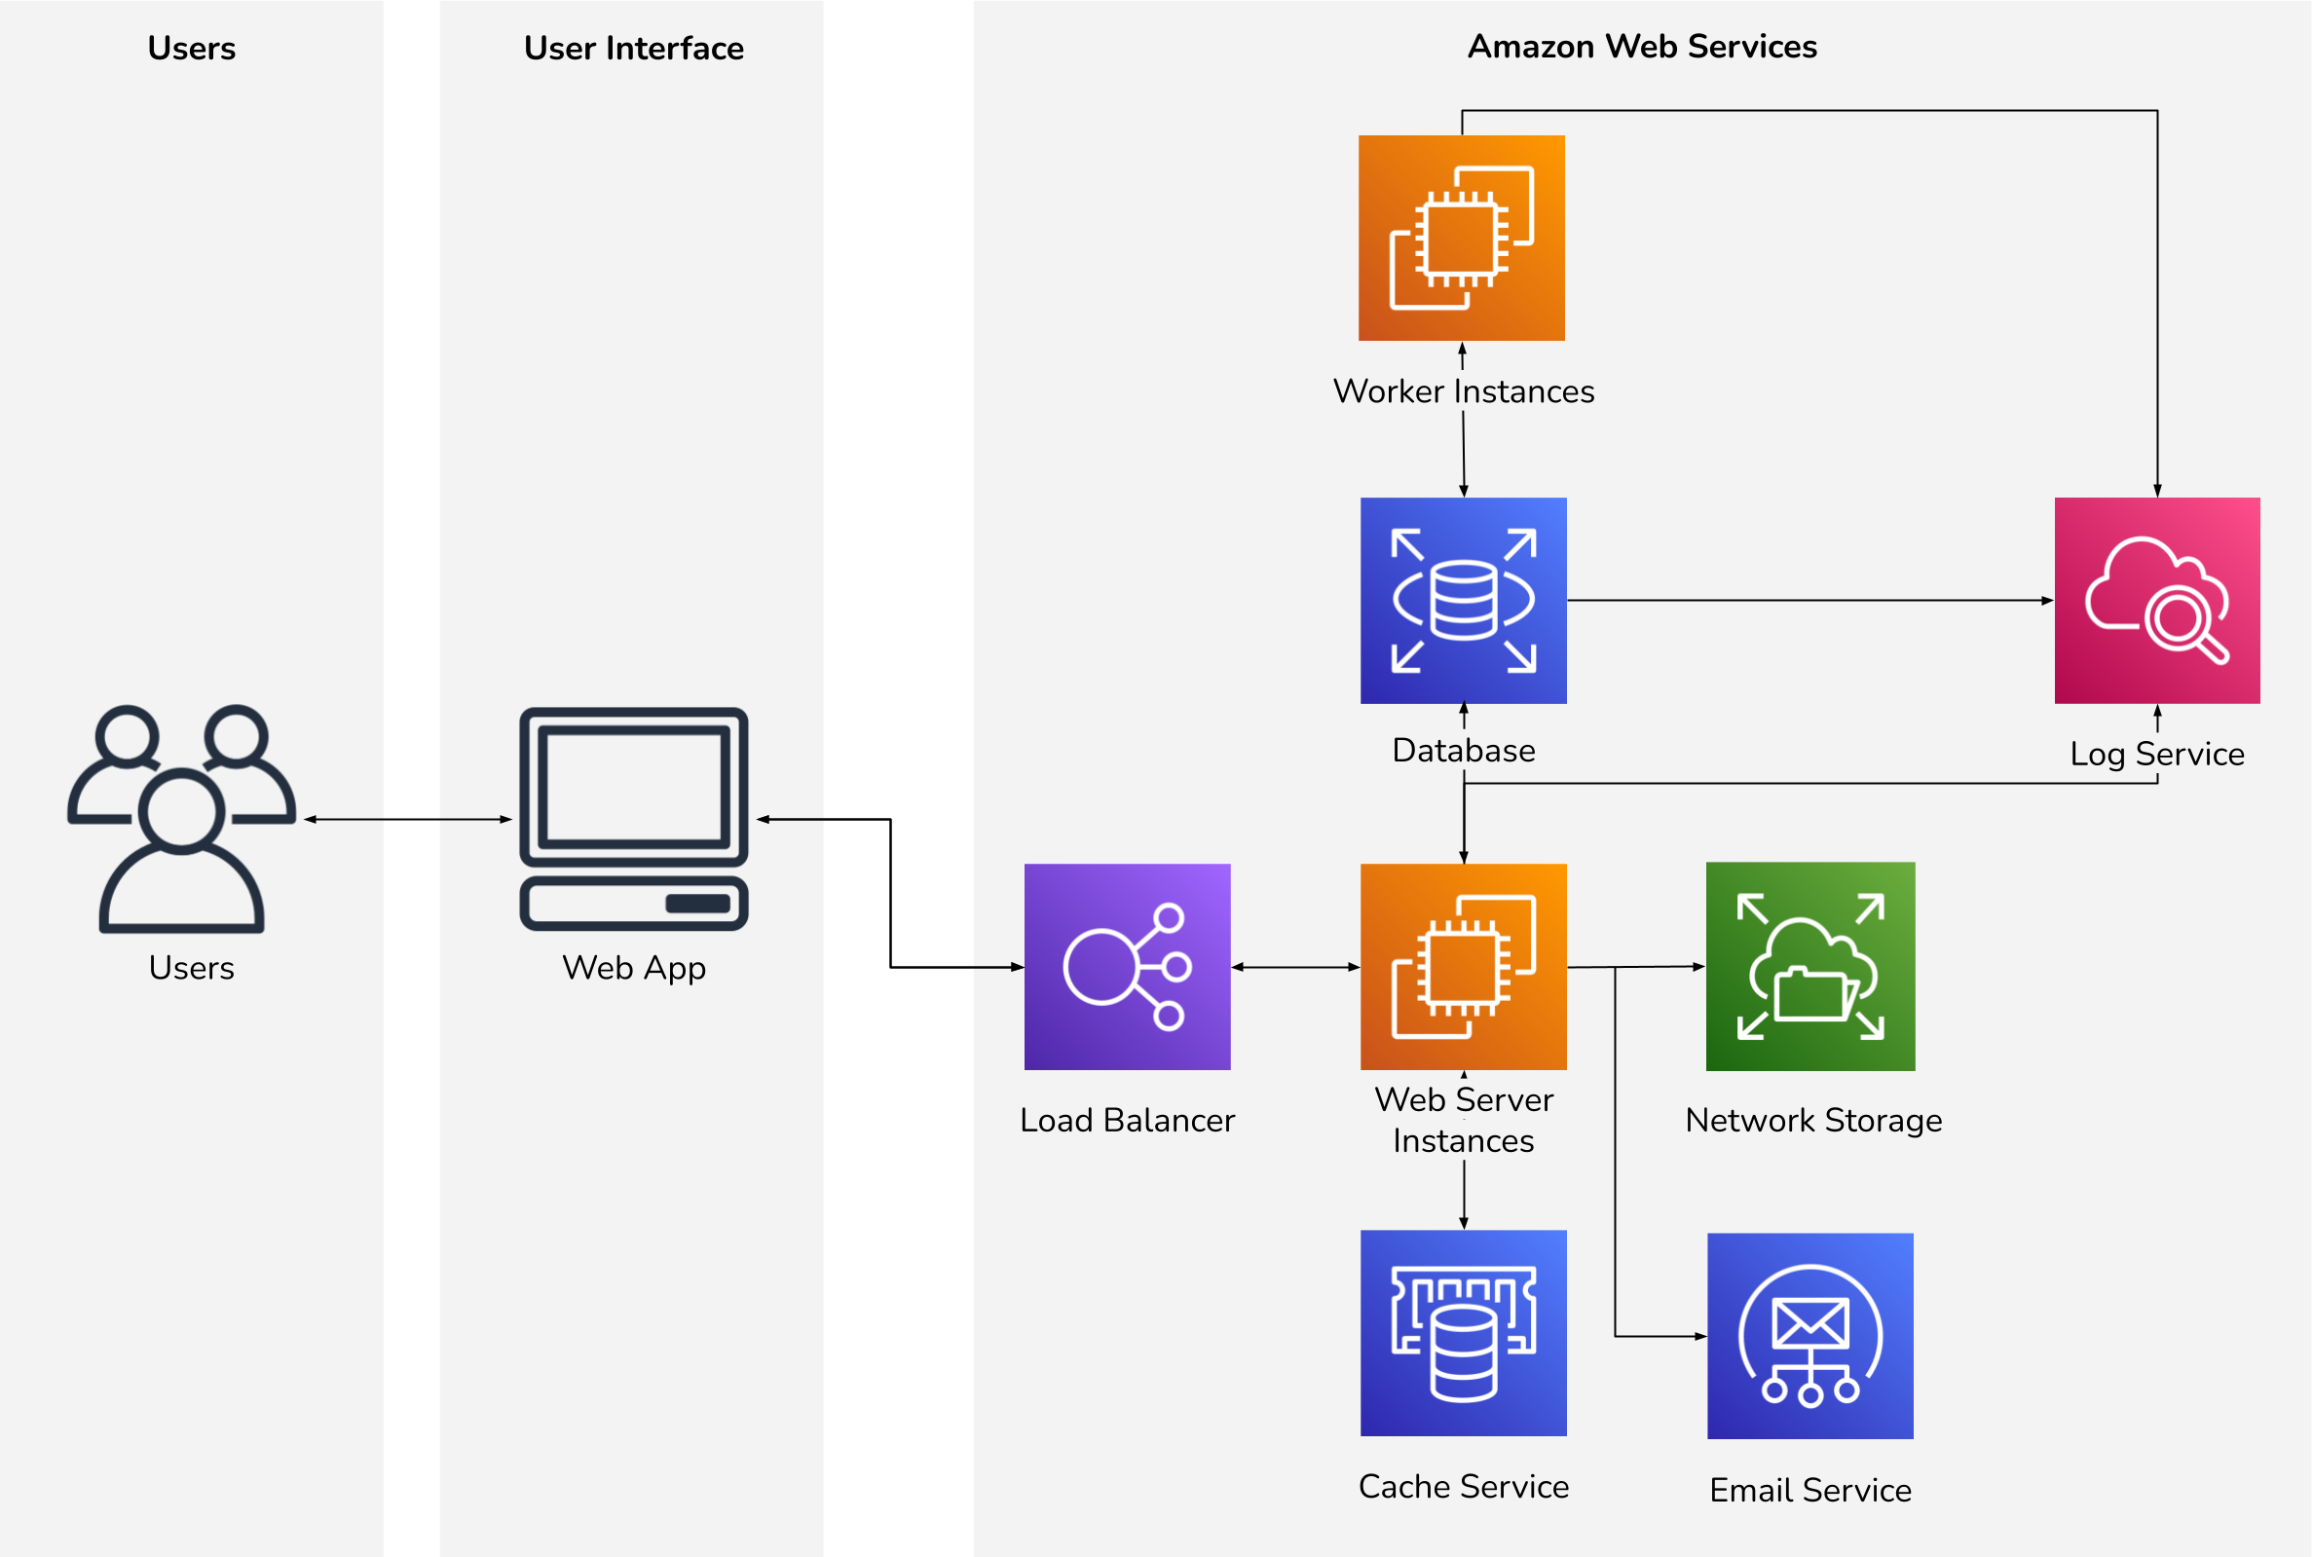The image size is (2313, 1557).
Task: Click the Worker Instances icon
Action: point(1461,239)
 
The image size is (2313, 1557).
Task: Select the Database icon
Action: point(1463,601)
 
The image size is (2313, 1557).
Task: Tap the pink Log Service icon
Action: point(2157,601)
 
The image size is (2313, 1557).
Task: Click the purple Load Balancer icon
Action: point(1127,966)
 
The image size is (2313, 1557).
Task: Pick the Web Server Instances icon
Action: point(1463,966)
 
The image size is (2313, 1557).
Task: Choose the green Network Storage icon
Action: point(1810,966)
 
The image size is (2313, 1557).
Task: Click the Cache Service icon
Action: point(1463,1333)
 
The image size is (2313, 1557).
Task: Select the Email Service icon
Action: point(1810,1336)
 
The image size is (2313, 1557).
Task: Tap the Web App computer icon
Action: point(634,819)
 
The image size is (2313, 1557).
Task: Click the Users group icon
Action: point(182,819)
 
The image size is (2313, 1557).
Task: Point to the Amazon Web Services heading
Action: point(1643,47)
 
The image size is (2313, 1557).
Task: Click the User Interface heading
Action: point(634,48)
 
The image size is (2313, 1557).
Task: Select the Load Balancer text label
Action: point(1127,1120)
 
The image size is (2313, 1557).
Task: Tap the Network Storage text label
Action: point(1813,1120)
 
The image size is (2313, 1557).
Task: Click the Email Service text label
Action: point(1810,1491)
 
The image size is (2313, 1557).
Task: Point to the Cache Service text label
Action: point(1463,1487)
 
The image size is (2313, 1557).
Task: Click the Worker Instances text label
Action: point(1463,391)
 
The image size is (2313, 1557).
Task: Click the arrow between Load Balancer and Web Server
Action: point(1295,967)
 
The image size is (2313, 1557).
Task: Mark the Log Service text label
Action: point(2157,754)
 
